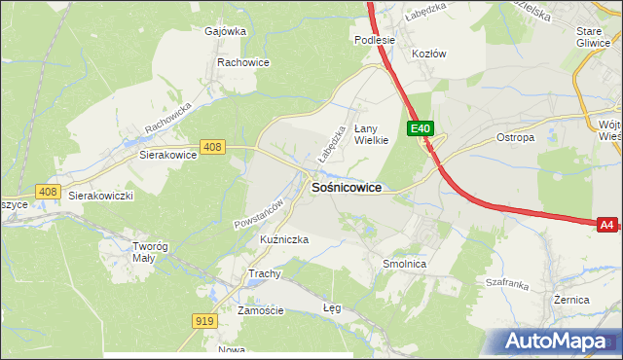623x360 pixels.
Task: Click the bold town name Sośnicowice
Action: pyautogui.click(x=346, y=187)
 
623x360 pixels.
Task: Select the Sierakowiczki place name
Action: pyautogui.click(x=99, y=195)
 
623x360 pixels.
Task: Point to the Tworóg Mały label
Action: pyautogui.click(x=150, y=252)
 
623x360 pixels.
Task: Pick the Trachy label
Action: pyautogui.click(x=265, y=273)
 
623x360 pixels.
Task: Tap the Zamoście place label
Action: pyautogui.click(x=260, y=310)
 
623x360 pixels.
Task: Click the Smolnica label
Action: pyautogui.click(x=404, y=263)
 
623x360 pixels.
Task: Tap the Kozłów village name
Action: pyautogui.click(x=428, y=54)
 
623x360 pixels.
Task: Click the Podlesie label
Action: pyautogui.click(x=375, y=40)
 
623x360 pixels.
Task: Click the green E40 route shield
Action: pyautogui.click(x=420, y=128)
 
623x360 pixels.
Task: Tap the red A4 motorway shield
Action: pyautogui.click(x=606, y=225)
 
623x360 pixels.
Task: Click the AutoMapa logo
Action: pyautogui.click(x=559, y=342)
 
